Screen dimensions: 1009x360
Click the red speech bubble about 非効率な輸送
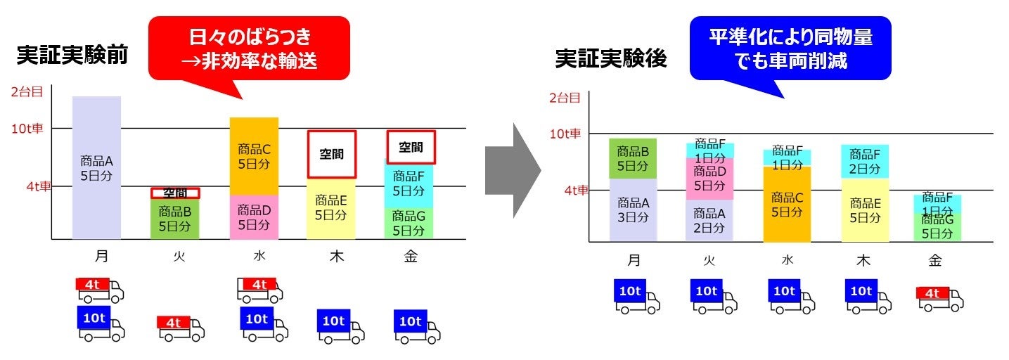[249, 48]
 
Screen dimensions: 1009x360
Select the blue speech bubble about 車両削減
[790, 48]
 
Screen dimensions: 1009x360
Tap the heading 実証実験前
[72, 57]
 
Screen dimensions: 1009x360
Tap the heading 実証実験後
[610, 58]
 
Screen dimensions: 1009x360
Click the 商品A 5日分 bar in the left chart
[97, 168]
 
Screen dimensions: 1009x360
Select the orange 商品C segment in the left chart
[254, 157]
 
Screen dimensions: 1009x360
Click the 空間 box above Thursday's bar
[331, 154]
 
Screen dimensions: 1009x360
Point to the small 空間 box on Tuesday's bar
[175, 193]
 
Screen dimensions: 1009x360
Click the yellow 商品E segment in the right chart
[864, 210]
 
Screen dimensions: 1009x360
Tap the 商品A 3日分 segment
[633, 210]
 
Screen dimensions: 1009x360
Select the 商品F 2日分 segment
[864, 162]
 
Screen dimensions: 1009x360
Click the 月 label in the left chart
[101, 257]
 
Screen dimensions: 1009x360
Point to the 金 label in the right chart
[934, 260]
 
